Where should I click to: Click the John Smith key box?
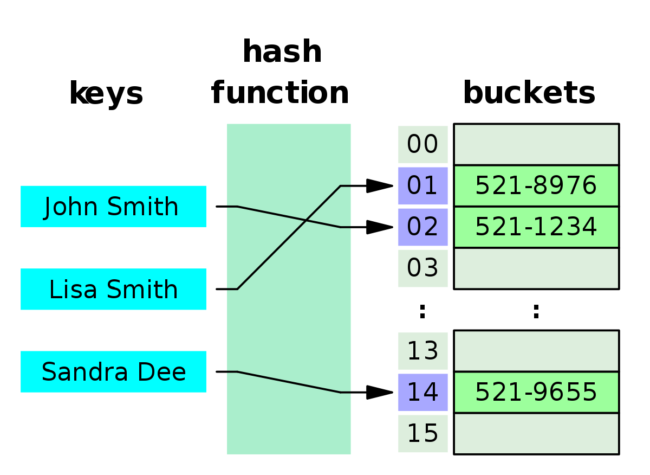[x=113, y=207]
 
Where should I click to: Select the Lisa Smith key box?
[x=113, y=290]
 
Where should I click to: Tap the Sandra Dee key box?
[x=113, y=372]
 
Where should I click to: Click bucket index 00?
[x=422, y=145]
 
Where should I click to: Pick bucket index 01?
[x=422, y=186]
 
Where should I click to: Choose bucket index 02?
[x=422, y=227]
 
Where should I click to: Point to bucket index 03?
[x=422, y=268]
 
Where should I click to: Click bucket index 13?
[x=422, y=351]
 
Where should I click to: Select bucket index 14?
[x=422, y=393]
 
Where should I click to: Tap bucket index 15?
[x=422, y=434]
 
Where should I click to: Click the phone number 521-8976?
[x=536, y=186]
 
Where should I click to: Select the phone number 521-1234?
[x=536, y=227]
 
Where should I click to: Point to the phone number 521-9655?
[x=536, y=393]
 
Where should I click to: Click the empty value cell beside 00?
[x=536, y=144]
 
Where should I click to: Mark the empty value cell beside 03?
[x=536, y=268]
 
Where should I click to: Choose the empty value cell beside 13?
[x=536, y=351]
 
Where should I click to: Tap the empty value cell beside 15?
[x=536, y=434]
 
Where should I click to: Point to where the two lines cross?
[x=307, y=220]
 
